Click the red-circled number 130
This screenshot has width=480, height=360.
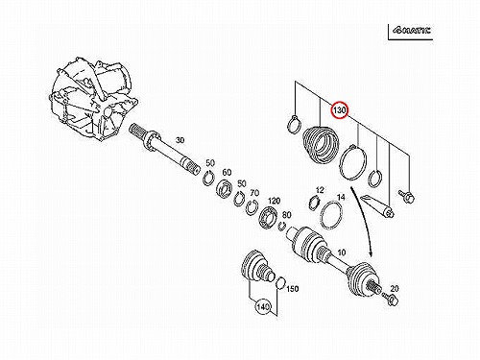(339, 109)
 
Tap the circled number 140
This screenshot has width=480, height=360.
(263, 307)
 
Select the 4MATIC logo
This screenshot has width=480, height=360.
(412, 31)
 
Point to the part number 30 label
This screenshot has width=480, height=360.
(180, 140)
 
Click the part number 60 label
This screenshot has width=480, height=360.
(227, 173)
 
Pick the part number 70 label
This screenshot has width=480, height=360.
(254, 193)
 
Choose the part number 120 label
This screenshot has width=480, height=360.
(274, 201)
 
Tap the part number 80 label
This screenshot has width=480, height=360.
(286, 215)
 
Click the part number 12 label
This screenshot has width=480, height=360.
(320, 190)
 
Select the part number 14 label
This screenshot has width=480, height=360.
(341, 197)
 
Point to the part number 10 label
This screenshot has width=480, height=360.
(342, 252)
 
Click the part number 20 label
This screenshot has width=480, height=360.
(395, 289)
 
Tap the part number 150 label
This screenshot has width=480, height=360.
(292, 289)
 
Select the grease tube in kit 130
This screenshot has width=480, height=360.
(377, 206)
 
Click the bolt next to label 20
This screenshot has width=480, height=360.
(392, 300)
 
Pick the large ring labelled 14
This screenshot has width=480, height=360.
(332, 215)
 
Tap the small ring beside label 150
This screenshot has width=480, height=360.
(280, 283)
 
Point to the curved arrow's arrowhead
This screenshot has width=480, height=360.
(371, 252)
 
